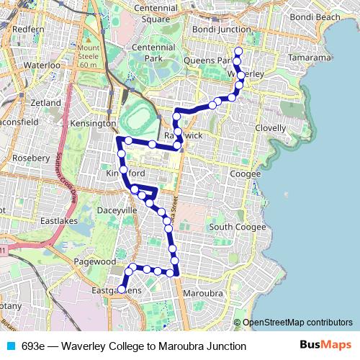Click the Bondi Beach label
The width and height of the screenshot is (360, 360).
coord(315,17)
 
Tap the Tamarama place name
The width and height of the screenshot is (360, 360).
coord(308,57)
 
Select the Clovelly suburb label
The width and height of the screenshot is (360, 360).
coord(271,127)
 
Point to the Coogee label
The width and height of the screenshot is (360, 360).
coord(245,174)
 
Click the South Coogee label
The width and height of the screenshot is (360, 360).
coord(237,227)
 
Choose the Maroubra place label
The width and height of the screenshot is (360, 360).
coord(204,294)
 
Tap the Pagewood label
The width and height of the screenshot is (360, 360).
coord(95,262)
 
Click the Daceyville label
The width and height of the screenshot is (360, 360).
coord(96,210)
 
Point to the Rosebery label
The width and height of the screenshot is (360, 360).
coord(30,157)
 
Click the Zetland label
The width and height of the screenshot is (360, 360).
coord(45,103)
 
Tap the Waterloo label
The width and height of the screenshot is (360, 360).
coord(41,65)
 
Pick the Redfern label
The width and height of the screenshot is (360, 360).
coord(28,28)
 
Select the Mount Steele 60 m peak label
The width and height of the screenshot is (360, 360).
coord(89,56)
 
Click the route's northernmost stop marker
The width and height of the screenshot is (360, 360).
coord(238,50)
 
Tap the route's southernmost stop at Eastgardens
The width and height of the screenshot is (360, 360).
coord(122,289)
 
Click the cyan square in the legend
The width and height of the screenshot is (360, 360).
coord(9,346)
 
